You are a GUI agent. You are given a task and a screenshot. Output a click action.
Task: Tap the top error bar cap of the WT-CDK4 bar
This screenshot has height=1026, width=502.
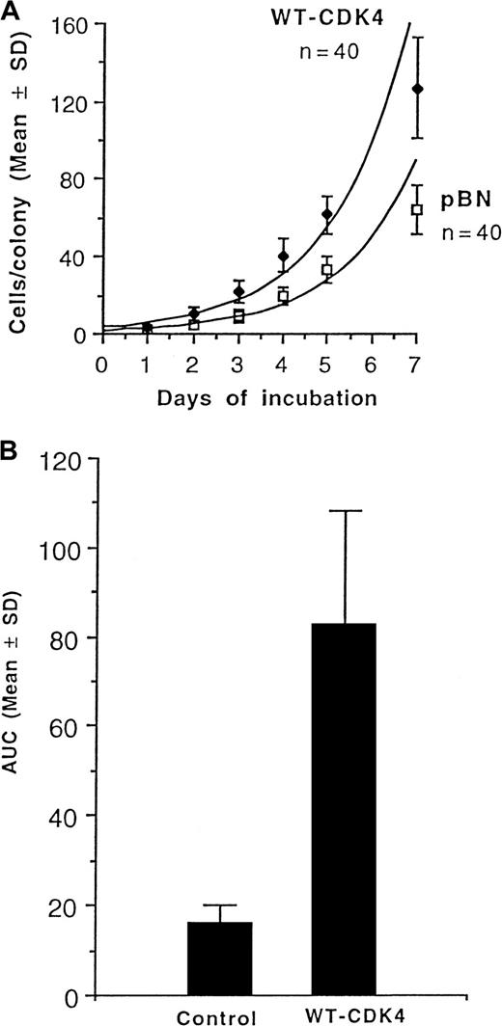pos(345,510)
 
